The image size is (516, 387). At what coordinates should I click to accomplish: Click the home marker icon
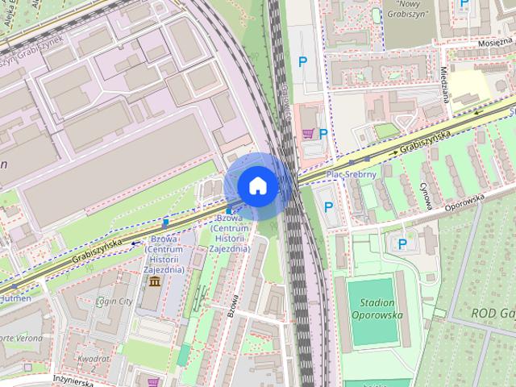point(257,185)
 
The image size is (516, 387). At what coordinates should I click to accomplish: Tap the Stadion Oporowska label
point(377,308)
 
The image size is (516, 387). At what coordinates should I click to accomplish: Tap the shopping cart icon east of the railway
point(307,133)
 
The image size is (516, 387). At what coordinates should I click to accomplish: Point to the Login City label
point(114,301)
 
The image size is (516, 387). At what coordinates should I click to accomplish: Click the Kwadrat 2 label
point(96,362)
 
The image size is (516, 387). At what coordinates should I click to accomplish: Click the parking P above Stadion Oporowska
point(402,243)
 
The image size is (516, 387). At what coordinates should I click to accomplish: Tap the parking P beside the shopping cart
point(323,134)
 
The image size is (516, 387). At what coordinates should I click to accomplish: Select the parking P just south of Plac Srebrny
point(328,206)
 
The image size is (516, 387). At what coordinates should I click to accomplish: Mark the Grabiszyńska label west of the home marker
point(96,250)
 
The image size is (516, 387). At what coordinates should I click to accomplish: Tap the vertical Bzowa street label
point(234,306)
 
